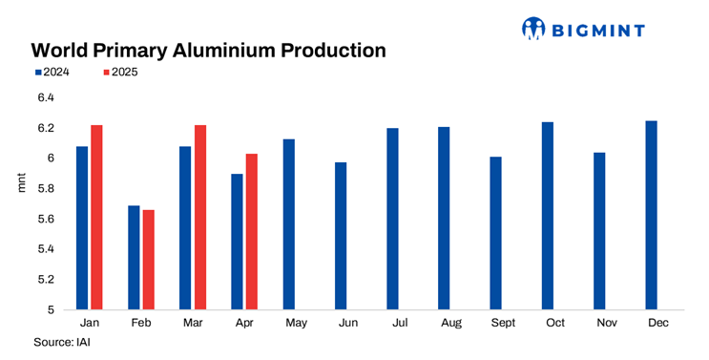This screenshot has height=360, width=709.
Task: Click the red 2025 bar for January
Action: (x=96, y=217)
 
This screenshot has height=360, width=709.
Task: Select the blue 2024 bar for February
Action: (x=134, y=257)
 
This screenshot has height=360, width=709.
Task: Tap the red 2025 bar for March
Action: (x=200, y=217)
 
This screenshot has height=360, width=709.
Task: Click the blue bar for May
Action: (x=289, y=223)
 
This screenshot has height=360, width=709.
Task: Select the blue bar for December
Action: (x=652, y=215)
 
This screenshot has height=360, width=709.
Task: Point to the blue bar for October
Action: (x=548, y=216)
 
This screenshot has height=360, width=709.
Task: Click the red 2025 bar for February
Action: (x=148, y=259)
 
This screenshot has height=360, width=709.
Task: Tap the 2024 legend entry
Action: (x=51, y=72)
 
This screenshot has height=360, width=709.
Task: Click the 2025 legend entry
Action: (x=119, y=72)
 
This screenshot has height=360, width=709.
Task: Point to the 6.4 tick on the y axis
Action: (x=46, y=97)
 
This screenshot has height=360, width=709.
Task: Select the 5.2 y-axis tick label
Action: (x=46, y=280)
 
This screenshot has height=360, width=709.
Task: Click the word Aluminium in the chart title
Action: (x=240, y=49)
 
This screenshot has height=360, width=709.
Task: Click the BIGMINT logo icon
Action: (x=533, y=30)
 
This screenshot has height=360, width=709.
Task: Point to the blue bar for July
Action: (x=392, y=219)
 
